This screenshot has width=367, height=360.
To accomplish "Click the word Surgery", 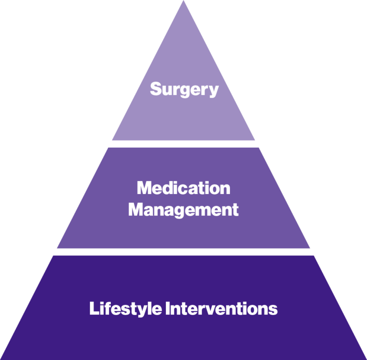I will coord(184,89).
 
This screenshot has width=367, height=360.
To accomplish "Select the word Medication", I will coord(183,188).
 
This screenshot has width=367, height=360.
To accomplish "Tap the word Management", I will coord(183,209).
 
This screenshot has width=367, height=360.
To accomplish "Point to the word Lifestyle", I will coord(125,309).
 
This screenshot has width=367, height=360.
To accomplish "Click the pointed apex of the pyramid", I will coord(183,2).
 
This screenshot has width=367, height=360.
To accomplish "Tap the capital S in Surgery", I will coord(155,89).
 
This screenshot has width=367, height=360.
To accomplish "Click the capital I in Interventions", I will coord(168,309).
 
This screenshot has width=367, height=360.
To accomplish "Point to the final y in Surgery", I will coord(214,91).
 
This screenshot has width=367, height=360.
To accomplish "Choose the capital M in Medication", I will coord(144,188).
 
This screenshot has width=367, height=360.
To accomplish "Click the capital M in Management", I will coord(136,209).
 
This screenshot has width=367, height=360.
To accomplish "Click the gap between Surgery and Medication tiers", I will coord(183,143).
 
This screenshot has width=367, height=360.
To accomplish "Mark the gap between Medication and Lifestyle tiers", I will coord(183,251).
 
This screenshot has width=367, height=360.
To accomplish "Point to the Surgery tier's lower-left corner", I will coord(113,140).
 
